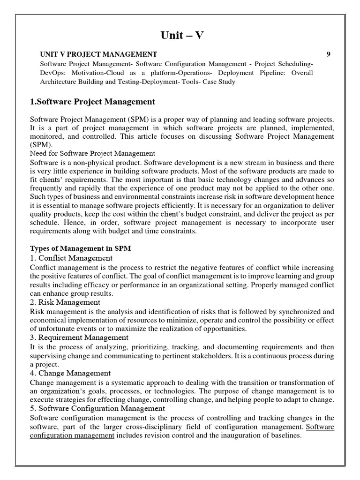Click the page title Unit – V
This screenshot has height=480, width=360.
click(180, 36)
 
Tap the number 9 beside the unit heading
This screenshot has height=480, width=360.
click(329, 54)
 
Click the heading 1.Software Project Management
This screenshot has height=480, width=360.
click(92, 101)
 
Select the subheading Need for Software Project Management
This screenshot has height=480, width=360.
click(92, 153)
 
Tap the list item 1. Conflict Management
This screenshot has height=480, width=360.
click(71, 258)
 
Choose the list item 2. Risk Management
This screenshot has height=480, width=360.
click(65, 302)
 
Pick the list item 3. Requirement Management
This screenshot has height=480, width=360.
click(79, 337)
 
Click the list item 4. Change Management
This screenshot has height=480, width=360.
click(70, 373)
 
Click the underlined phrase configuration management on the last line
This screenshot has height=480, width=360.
click(72, 435)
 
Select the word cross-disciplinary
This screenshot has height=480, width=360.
click(161, 427)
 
